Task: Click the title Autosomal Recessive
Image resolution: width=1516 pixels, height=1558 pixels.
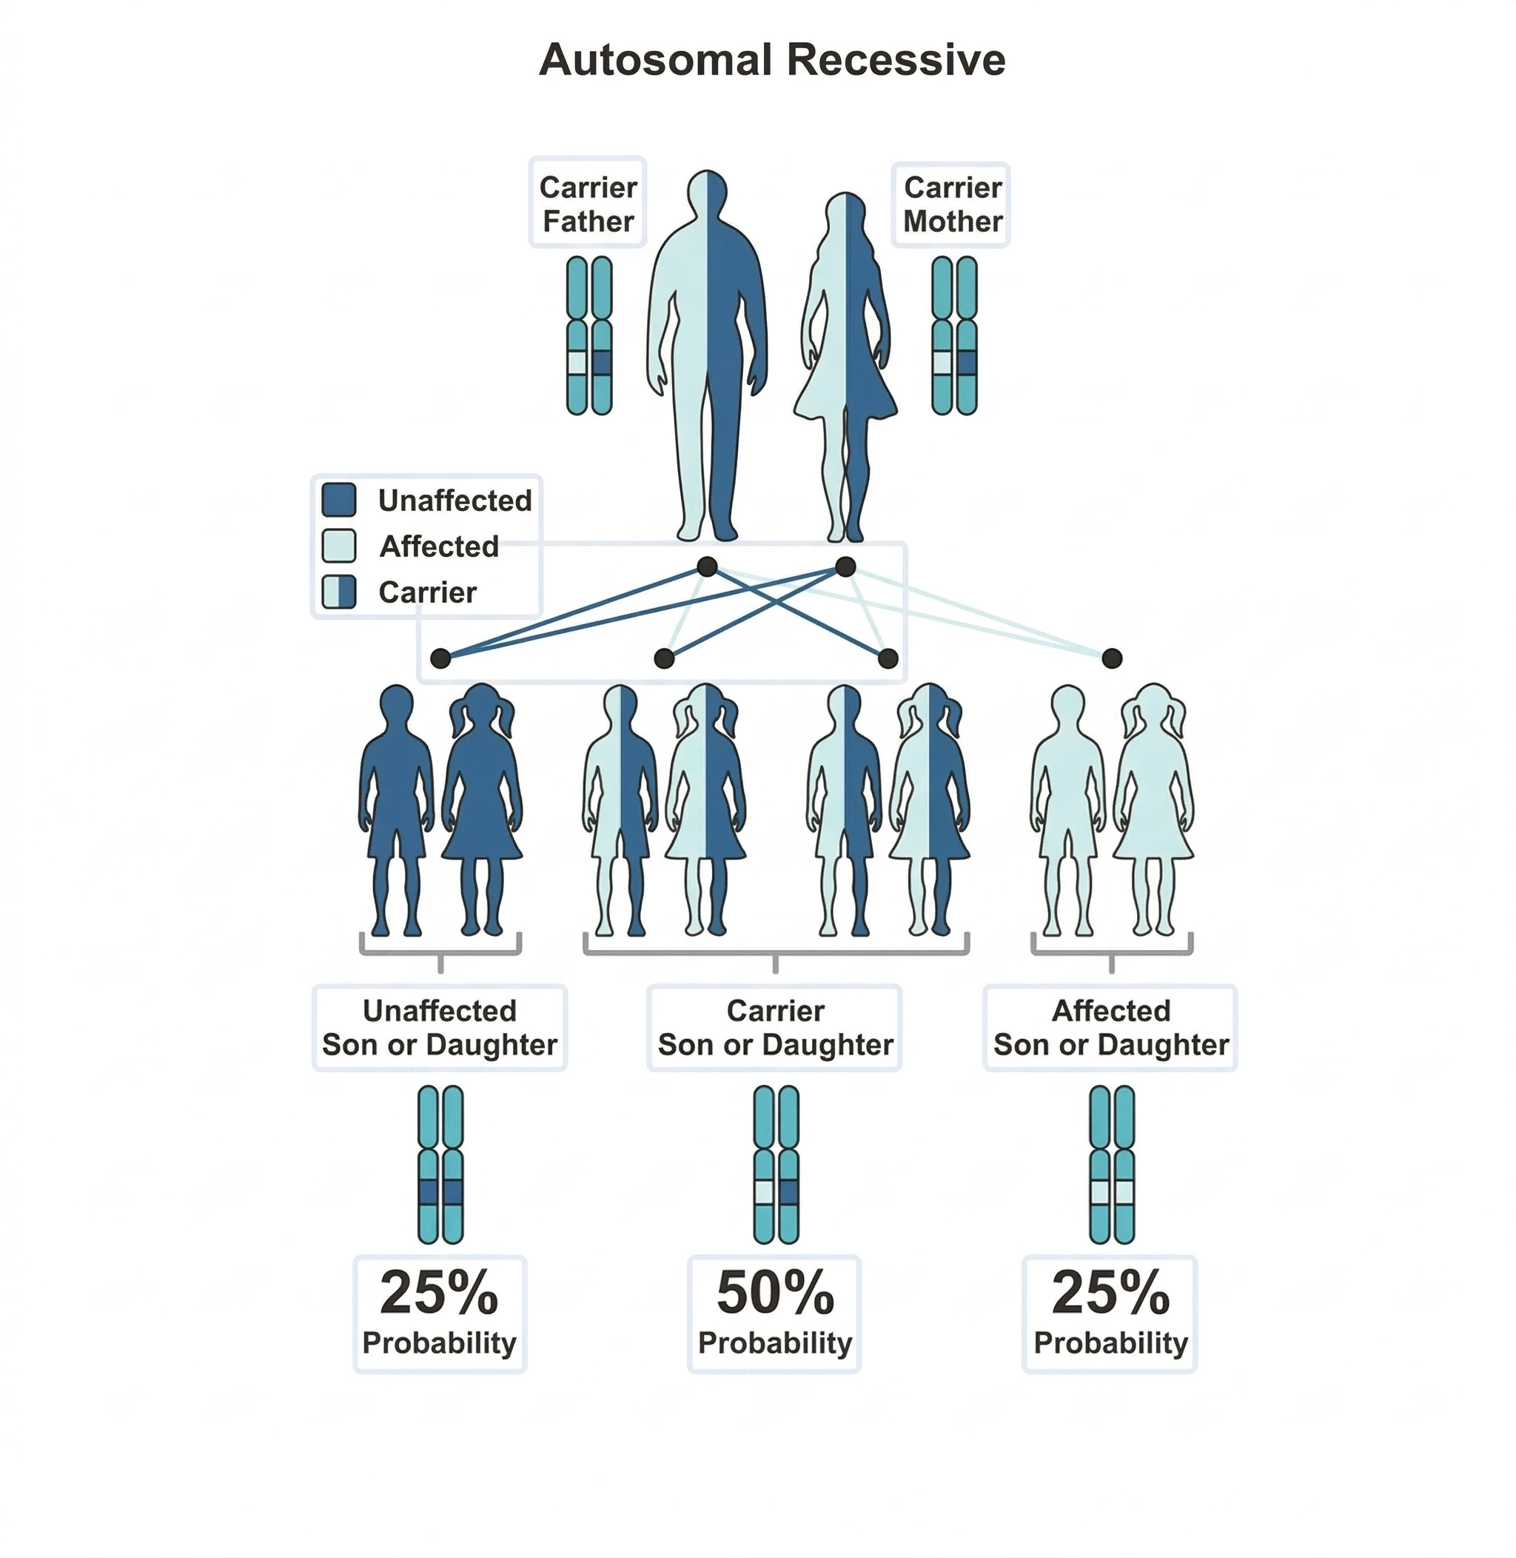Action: coord(771,60)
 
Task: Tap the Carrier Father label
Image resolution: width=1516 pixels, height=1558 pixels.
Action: coord(588,204)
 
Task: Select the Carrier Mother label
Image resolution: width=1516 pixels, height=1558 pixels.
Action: coord(952,204)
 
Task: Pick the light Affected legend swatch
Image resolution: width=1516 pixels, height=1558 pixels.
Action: coord(338,546)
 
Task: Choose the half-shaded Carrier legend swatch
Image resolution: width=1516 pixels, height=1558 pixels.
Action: coord(338,592)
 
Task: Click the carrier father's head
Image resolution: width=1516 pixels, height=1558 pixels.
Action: coord(707,191)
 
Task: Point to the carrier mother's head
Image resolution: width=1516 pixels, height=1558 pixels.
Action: coord(845,213)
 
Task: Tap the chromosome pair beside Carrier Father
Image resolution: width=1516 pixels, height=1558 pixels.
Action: coord(589,335)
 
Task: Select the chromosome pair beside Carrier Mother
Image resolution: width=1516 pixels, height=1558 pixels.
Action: coord(954,335)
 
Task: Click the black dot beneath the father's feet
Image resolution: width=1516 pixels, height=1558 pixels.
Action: coord(707,566)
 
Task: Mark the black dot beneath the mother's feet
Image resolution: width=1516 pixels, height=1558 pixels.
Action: coord(845,566)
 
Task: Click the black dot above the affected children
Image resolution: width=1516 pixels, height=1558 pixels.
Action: coord(1112,658)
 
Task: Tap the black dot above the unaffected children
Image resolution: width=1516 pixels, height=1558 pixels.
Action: coord(440,658)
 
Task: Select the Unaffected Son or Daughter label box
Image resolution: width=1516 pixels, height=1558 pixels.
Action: coord(440,1028)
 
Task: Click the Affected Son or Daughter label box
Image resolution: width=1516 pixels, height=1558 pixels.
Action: coord(1111,1028)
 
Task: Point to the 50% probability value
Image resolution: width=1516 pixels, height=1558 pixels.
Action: coord(775,1292)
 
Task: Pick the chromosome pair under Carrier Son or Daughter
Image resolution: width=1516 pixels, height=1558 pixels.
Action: coord(776,1164)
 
